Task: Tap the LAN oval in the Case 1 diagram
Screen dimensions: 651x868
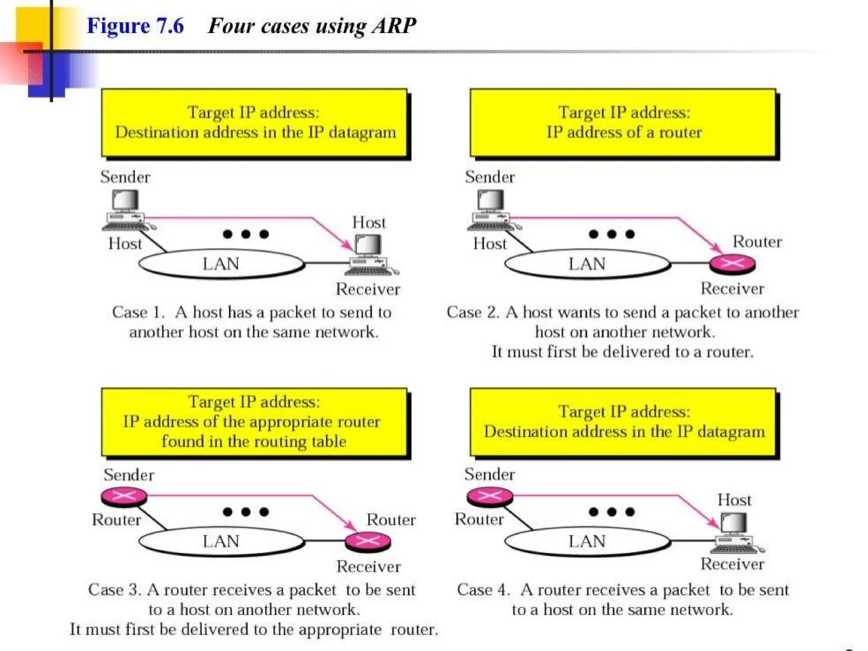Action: pos(221,264)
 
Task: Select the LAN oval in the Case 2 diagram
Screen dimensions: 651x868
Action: pos(587,264)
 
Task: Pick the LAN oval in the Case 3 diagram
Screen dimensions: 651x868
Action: pos(221,541)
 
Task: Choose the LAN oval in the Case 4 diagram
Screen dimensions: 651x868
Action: pos(587,541)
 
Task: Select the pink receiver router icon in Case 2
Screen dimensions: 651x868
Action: pos(732,264)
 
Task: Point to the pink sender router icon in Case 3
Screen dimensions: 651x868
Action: pos(124,496)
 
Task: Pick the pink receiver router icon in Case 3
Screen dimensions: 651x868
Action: pos(368,541)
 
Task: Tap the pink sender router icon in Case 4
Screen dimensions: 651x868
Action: pos(490,496)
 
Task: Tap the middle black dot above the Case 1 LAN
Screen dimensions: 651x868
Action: pos(246,234)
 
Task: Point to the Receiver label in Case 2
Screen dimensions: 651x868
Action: pos(732,289)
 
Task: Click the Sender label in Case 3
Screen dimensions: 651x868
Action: pos(129,475)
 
